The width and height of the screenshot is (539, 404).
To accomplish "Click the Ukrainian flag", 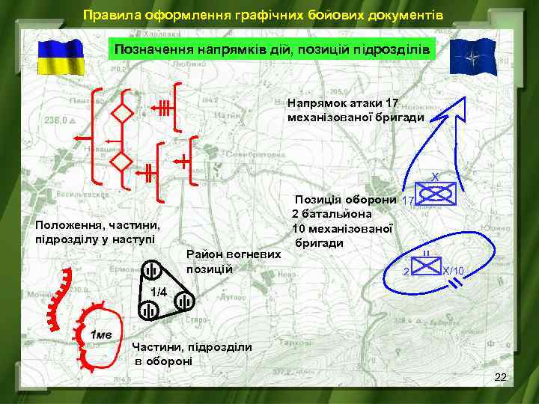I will [59, 55].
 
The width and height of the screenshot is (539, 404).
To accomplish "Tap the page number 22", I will [501, 382].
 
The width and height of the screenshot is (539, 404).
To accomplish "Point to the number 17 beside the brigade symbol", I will [408, 201].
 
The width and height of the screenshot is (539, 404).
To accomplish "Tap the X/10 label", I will [454, 270].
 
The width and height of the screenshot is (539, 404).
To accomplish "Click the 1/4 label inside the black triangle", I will [158, 291].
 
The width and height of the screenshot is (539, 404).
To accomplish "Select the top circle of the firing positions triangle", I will [152, 271].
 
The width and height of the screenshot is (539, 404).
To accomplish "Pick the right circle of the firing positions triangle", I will [183, 302].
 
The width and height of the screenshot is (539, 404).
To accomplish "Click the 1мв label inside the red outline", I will [101, 334].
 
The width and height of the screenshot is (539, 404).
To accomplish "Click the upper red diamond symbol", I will [121, 114].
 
